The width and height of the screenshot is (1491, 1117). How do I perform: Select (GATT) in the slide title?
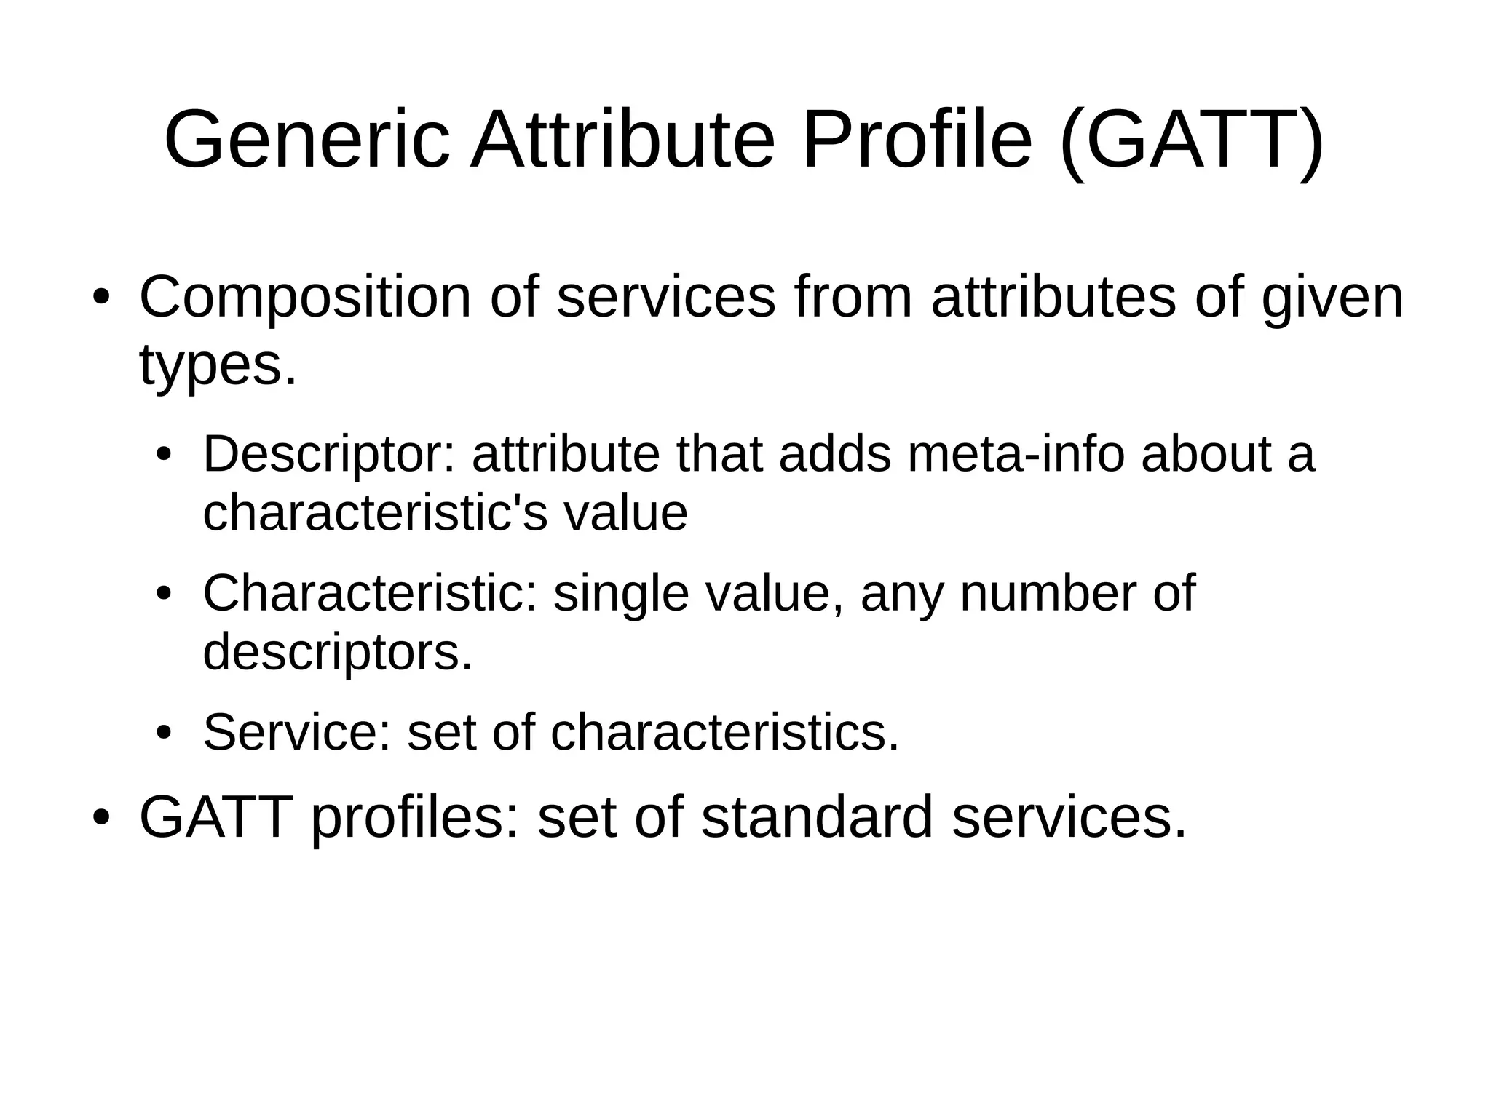coord(1192,140)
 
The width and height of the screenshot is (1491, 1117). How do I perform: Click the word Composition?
coord(305,298)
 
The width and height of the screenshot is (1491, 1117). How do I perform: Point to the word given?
coord(1332,298)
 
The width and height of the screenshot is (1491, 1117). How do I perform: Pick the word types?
coord(218,366)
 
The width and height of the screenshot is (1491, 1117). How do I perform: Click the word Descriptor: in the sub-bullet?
coord(328,456)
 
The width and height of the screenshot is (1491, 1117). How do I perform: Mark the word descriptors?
coord(337,653)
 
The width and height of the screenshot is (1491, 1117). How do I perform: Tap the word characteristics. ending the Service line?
coord(725,732)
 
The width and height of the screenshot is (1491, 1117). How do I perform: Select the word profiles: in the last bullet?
coord(415,819)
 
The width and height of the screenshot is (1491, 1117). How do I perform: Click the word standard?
coord(816,817)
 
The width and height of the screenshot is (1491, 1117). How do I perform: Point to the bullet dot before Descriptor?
coord(164,456)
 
